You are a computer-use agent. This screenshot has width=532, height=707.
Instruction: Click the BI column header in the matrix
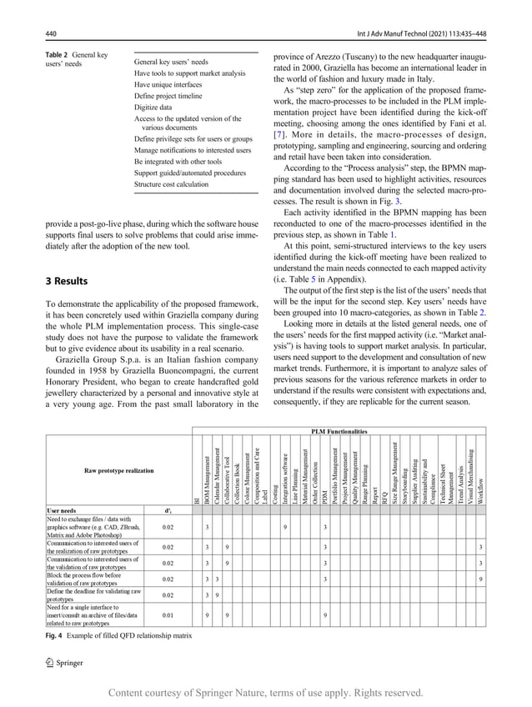click(195, 499)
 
